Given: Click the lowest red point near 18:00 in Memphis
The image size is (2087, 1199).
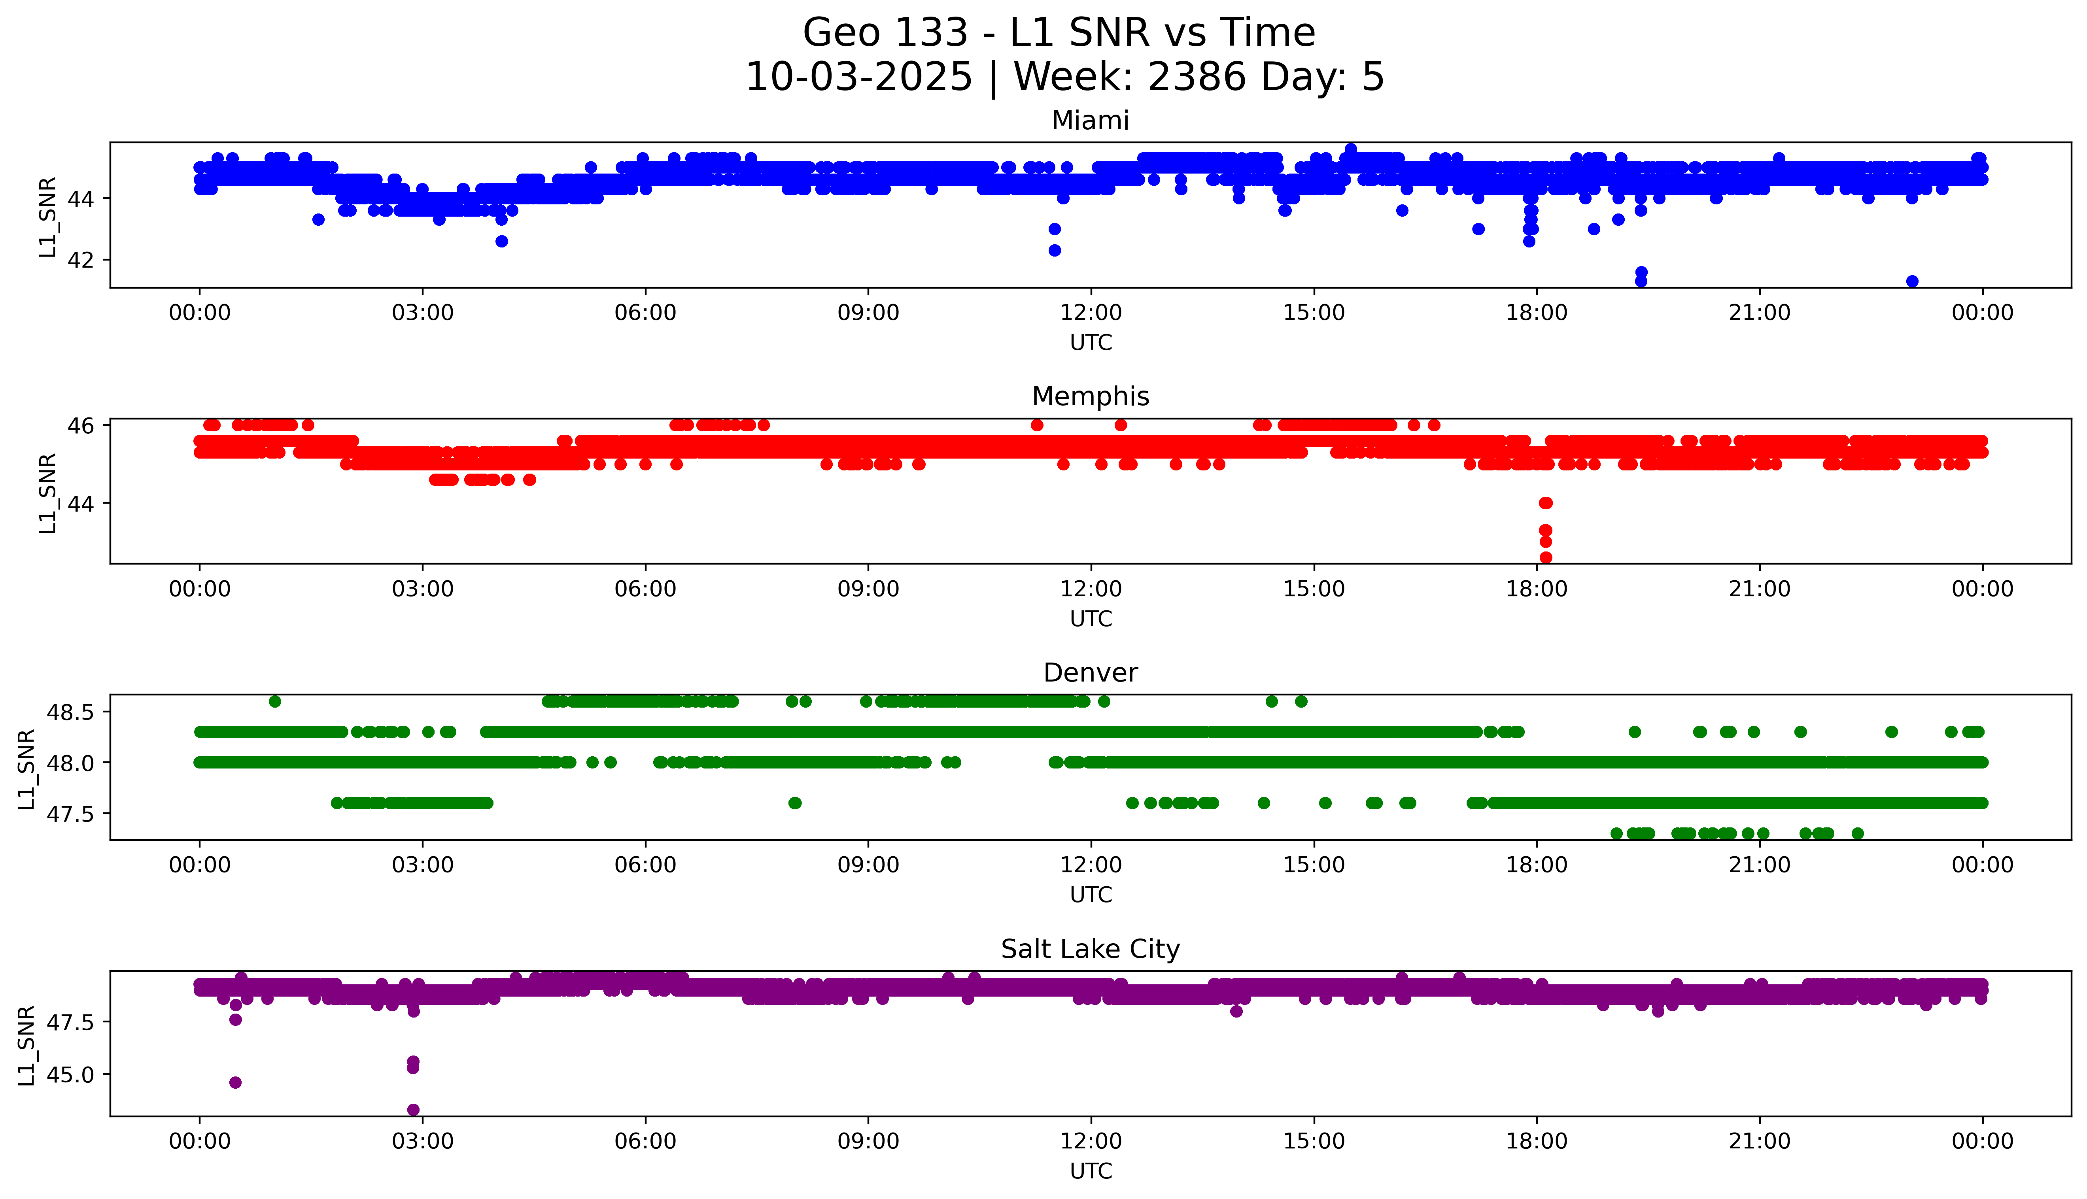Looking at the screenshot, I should (1545, 557).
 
